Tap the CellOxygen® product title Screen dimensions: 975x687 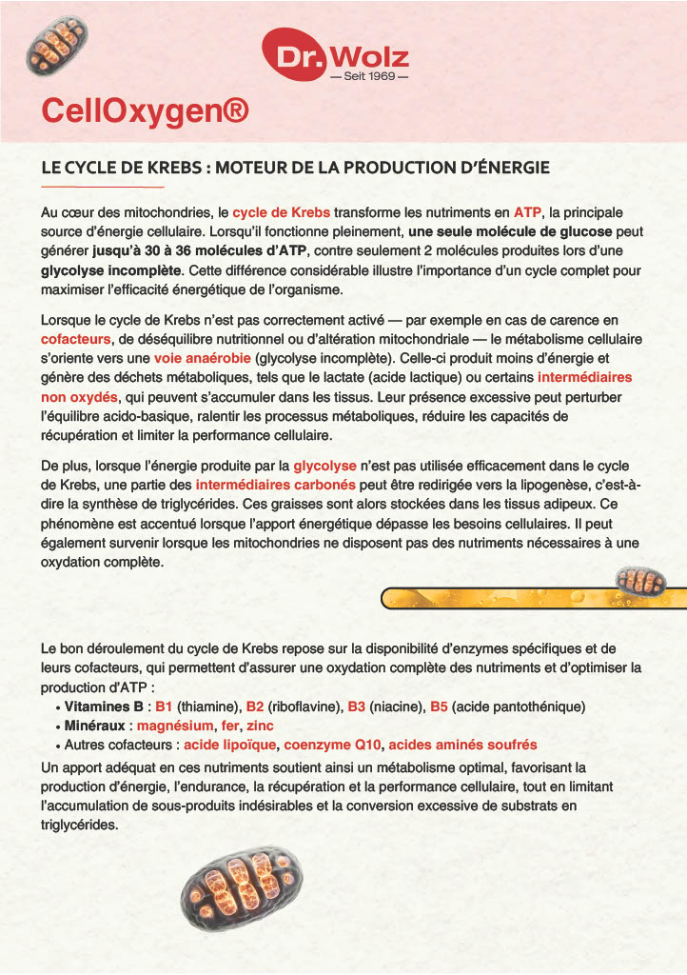tap(145, 111)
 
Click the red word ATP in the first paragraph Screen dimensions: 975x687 tap(527, 212)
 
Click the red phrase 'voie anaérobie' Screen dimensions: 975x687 tap(203, 358)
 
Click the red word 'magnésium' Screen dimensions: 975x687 tap(174, 726)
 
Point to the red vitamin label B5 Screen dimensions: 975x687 tap(439, 706)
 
